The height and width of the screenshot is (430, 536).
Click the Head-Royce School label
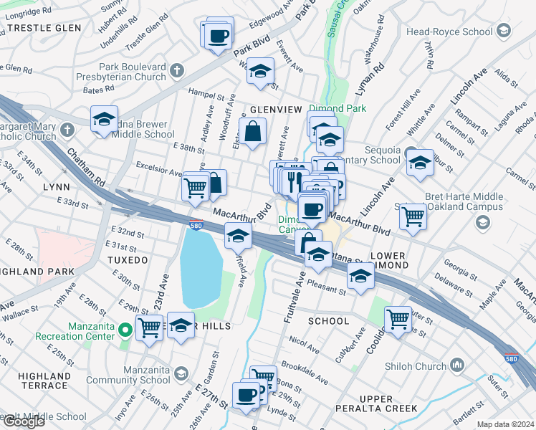[449, 32]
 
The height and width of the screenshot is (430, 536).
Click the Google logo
[24, 421]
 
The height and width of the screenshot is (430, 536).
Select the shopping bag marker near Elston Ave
[253, 132]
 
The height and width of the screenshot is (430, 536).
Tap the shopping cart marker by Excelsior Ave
[195, 187]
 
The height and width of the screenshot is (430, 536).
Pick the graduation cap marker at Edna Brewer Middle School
[104, 120]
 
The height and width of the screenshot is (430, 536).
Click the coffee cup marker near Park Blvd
[219, 36]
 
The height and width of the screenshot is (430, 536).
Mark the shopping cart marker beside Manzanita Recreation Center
[150, 328]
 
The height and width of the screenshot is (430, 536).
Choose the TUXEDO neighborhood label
[129, 259]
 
